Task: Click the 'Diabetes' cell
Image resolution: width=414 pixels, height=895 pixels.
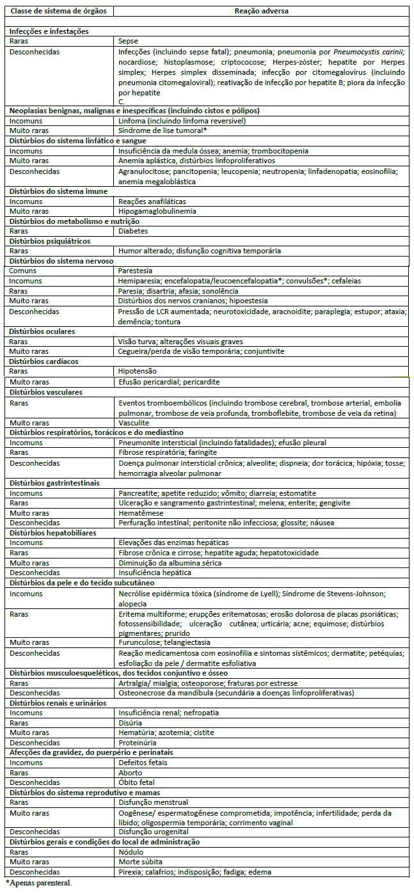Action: tap(133, 231)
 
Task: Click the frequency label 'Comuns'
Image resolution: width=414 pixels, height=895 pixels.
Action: tap(23, 271)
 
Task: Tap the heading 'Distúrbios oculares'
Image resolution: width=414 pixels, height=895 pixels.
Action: tap(42, 331)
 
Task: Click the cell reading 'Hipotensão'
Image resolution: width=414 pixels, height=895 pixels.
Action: tap(138, 371)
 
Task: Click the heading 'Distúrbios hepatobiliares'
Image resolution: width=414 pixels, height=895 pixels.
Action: tap(52, 533)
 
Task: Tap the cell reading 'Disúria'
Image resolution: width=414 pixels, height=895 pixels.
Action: tap(131, 723)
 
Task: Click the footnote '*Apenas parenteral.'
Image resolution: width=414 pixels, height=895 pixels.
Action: tap(37, 883)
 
